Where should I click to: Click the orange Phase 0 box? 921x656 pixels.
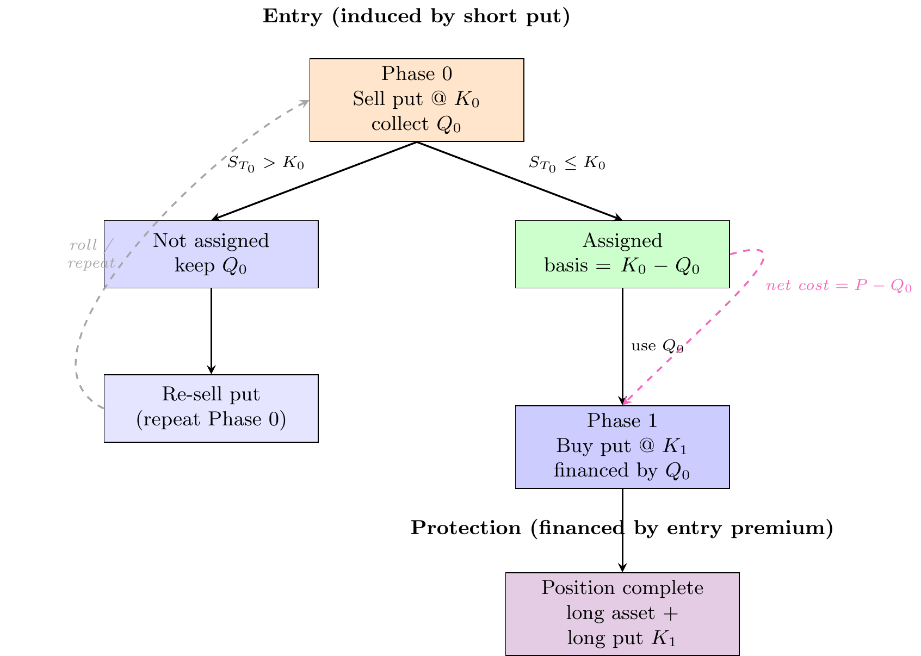click(x=417, y=100)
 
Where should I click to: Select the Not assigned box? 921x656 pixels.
click(x=211, y=254)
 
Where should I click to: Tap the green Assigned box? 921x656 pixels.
click(x=622, y=254)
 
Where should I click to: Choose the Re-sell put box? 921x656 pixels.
click(x=211, y=408)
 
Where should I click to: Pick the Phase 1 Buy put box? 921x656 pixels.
click(x=622, y=447)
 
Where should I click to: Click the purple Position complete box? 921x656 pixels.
click(x=622, y=614)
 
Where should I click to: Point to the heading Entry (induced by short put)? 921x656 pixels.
click(x=416, y=16)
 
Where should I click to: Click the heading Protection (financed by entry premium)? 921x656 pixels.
click(x=622, y=528)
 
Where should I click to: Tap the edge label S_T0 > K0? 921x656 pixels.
click(x=265, y=164)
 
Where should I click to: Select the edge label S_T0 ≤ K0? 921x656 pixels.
click(x=567, y=164)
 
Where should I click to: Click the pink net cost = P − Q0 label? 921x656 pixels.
click(x=839, y=285)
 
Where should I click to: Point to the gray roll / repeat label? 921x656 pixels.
click(x=91, y=253)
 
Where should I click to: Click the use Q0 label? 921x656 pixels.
click(x=657, y=346)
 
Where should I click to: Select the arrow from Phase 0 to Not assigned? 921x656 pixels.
click(x=314, y=181)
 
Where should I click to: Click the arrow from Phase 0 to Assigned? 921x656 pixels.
click(x=520, y=181)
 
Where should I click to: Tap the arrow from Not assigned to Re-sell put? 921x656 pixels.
click(x=211, y=331)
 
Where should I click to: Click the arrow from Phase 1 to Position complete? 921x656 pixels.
click(x=622, y=530)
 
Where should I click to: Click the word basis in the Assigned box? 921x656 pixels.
click(x=566, y=265)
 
